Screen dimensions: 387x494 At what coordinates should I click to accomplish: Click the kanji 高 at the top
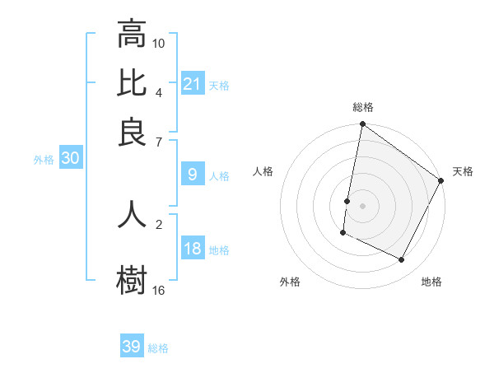[x=132, y=35]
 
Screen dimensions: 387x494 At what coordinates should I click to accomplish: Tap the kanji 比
[x=132, y=83]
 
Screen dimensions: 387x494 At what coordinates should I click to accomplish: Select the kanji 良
[x=132, y=132]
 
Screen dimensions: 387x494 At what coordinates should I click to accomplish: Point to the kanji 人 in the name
[x=132, y=214]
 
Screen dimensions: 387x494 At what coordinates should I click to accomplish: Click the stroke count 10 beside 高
[x=159, y=43]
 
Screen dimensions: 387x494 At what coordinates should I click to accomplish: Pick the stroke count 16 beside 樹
[x=159, y=290]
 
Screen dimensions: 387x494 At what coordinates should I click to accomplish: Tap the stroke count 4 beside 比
[x=159, y=91]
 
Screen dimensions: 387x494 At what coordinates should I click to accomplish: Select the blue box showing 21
[x=192, y=84]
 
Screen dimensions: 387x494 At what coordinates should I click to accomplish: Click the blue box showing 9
[x=192, y=175]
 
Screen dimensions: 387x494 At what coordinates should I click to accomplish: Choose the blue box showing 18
[x=192, y=249]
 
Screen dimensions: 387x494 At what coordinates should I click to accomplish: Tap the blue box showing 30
[x=70, y=159]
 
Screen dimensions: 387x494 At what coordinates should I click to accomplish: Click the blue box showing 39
[x=132, y=347]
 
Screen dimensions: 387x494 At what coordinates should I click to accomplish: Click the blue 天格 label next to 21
[x=219, y=85]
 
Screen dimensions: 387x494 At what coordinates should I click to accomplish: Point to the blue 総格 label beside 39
[x=158, y=348]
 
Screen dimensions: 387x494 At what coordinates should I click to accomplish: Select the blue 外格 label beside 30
[x=43, y=160]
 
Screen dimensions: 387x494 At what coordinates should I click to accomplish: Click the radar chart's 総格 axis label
[x=362, y=108]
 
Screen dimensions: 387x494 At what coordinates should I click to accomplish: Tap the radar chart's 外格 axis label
[x=290, y=282]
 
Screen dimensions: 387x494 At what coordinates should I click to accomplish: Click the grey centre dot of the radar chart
[x=362, y=205]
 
